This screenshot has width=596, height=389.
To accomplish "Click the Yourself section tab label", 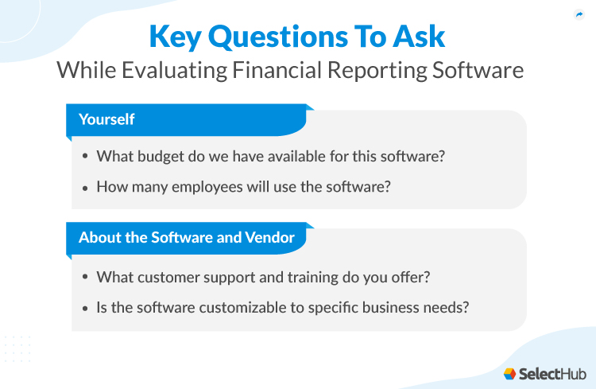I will pos(106,119).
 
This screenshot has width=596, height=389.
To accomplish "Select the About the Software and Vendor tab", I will pos(187,237).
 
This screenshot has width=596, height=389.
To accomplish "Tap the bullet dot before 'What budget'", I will pos(85,157).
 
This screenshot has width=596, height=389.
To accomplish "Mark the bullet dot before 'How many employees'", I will pos(85,187).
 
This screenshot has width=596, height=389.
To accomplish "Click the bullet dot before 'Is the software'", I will pos(85,305).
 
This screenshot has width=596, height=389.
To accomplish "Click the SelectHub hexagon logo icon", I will pos(509,373).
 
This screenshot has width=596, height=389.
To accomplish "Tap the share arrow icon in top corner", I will pos(579,14).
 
